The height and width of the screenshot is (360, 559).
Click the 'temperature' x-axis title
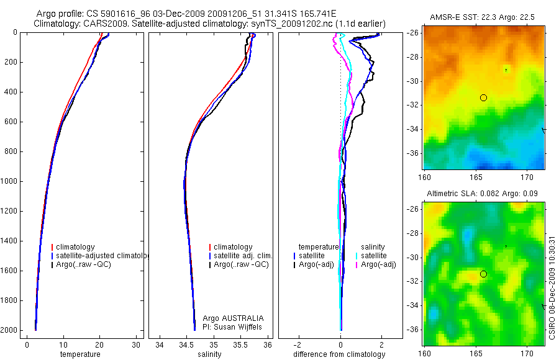(x=80, y=354)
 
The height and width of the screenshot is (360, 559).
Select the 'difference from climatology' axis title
(x=340, y=354)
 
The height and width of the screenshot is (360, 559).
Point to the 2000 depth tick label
(x=10, y=330)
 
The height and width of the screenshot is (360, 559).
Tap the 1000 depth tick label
(x=10, y=181)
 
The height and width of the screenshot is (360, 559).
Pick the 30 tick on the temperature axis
(x=136, y=344)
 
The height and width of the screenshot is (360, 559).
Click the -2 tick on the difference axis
(x=299, y=344)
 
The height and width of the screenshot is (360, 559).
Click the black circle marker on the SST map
(x=483, y=97)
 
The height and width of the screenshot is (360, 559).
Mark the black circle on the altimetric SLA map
(x=483, y=274)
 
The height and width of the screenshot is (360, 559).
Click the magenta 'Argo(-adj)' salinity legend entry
(x=378, y=264)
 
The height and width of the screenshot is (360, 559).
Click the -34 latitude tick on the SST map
(x=412, y=129)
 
